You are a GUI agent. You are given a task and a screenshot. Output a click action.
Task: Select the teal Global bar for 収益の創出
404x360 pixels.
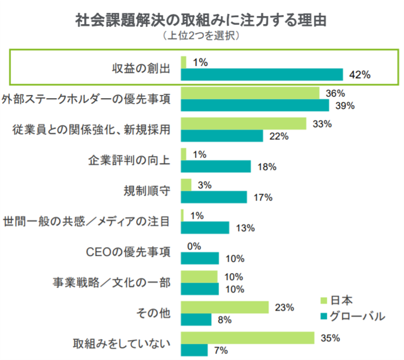pos(261,74)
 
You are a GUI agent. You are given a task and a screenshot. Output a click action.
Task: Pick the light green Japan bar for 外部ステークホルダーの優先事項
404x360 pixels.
pos(250,93)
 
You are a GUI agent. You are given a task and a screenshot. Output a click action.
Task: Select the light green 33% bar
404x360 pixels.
pos(244,124)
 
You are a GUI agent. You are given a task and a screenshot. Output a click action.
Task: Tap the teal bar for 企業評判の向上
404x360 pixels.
pos(216,167)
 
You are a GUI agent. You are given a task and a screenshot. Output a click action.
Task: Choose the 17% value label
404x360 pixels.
pos(264,198)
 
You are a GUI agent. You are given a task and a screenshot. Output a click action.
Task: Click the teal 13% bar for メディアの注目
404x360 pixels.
pos(205,228)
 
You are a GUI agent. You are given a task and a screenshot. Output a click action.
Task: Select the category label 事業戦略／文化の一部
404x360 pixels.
pos(112,282)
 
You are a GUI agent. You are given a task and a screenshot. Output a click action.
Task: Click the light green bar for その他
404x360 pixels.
pos(225,308)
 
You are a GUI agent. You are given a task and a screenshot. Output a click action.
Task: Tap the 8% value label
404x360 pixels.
pos(224,320)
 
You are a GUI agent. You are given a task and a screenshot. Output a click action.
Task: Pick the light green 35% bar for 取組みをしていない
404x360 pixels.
pos(247,338)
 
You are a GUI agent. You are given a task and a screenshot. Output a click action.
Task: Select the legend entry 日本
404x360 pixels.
pos(341,301)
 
